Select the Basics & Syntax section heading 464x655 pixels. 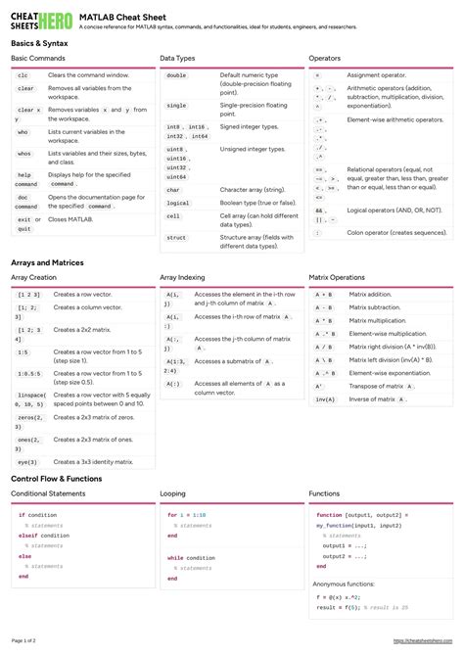click(40, 44)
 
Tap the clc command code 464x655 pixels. click(23, 75)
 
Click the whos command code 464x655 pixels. click(23, 154)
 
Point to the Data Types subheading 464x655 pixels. click(178, 59)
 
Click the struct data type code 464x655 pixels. click(176, 238)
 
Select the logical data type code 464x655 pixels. click(177, 203)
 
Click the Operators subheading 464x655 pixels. click(325, 59)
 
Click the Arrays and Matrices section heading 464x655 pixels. click(47, 262)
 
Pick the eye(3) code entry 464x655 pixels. click(27, 461)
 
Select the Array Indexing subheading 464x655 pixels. click(183, 277)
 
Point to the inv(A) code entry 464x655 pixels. click(325, 399)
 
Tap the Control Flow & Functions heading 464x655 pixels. click(56, 478)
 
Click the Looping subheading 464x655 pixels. click(173, 493)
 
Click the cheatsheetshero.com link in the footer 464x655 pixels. click(424, 640)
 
